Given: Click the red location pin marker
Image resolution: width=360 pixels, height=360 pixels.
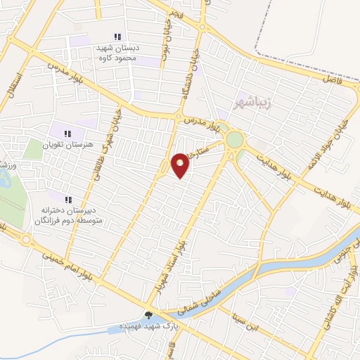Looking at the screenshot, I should click(x=180, y=164).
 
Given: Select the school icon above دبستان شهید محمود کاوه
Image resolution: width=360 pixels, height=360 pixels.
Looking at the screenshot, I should click(x=118, y=37).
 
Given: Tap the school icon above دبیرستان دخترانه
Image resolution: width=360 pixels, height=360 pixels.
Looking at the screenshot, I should click(x=69, y=200).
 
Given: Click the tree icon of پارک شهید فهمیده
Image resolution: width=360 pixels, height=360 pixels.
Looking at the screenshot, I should click(x=148, y=315).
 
